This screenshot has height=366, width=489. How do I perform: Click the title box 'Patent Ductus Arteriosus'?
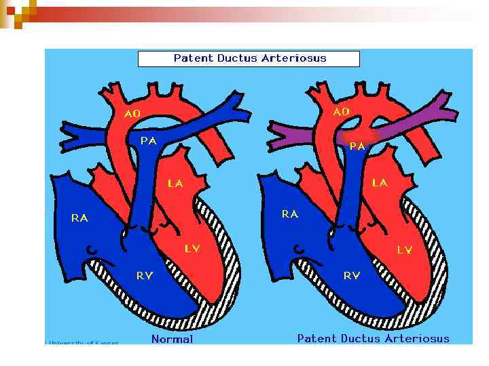pos(249,58)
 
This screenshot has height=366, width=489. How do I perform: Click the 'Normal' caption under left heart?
pos(172,339)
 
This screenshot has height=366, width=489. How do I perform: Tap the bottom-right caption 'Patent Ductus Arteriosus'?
pos(373,338)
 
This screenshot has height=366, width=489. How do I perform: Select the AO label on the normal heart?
pos(132,114)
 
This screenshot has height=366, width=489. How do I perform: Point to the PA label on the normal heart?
pos(149,140)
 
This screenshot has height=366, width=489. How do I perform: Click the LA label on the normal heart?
pos(175,183)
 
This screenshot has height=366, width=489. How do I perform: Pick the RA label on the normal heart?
pos(79,218)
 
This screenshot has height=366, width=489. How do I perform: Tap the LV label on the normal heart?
pos(192,249)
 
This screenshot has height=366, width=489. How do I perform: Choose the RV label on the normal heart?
pos(144,275)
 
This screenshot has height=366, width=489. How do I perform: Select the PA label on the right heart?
pos(357,145)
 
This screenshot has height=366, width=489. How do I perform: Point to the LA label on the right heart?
pos(380,183)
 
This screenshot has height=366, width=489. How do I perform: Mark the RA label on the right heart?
pos(290,214)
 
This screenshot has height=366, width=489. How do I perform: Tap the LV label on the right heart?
pos(404,250)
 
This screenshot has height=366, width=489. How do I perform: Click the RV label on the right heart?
pos(351,275)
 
